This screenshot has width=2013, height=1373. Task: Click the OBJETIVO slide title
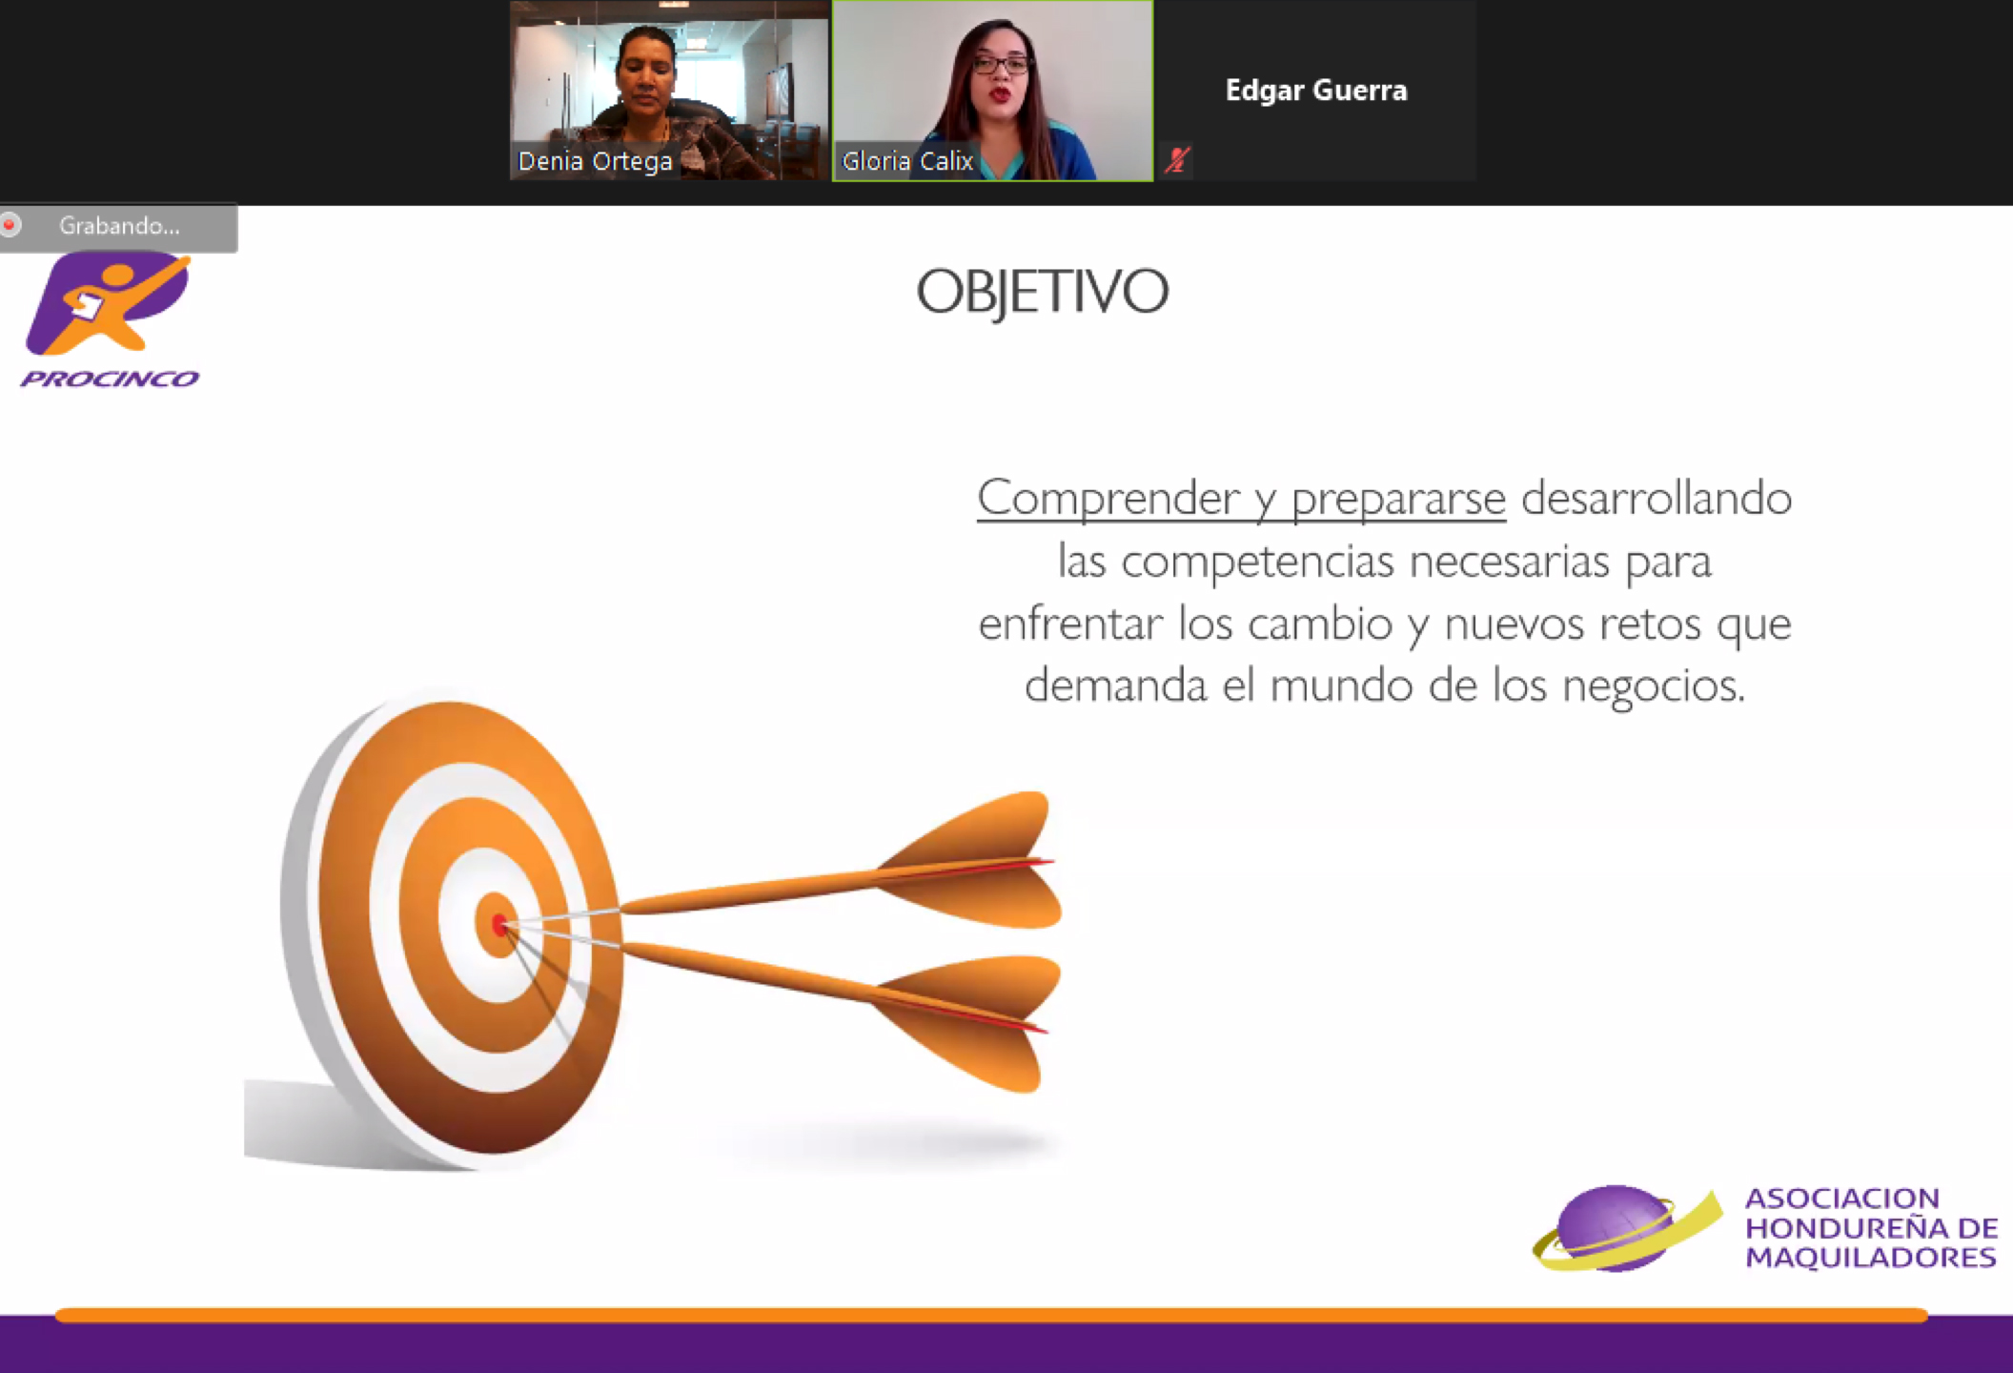point(1042,291)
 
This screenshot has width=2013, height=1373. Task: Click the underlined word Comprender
point(1109,499)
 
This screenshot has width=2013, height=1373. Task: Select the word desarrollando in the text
point(1657,498)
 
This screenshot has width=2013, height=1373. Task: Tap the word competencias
point(1257,562)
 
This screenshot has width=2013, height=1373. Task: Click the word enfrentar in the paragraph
point(1070,624)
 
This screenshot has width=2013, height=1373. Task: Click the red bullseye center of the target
point(499,924)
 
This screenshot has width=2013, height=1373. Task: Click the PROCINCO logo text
point(110,379)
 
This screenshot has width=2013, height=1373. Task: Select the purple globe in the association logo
point(1613,1228)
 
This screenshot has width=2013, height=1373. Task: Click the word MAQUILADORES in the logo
point(1871,1258)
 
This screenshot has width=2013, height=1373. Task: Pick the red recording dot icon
point(10,225)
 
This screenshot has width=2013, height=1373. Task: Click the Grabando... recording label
point(119,226)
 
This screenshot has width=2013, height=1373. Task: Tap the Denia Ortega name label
point(596,161)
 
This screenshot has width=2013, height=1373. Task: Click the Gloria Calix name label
point(907,161)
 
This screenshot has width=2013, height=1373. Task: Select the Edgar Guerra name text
point(1316,90)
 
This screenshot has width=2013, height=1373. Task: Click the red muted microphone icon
point(1177,159)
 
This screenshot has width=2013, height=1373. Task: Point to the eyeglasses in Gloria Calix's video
point(1001,65)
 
